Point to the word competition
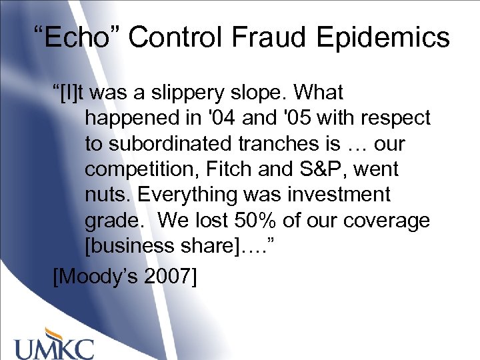tap(137, 169)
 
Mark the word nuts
tap(106, 195)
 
